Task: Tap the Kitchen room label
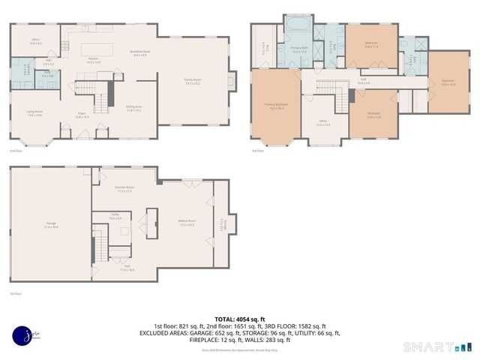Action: (x=94, y=60)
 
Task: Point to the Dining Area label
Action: (x=133, y=108)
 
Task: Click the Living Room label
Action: (x=34, y=113)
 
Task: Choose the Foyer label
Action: (x=82, y=115)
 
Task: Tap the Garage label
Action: (x=51, y=225)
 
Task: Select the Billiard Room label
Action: (x=186, y=222)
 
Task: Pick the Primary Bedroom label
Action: (x=275, y=106)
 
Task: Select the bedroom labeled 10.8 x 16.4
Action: (x=448, y=83)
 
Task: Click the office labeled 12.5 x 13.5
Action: (x=323, y=122)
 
